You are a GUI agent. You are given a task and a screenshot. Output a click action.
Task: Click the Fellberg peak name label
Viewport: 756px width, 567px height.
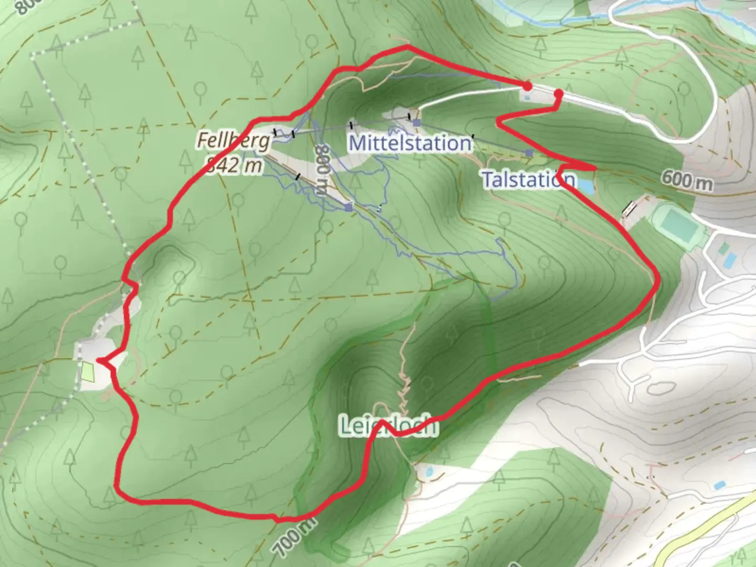[x=234, y=140]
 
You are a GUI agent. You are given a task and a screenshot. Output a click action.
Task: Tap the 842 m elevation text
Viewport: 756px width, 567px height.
[x=234, y=165]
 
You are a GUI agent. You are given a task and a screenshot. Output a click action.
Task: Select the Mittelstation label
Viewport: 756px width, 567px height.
[x=410, y=143]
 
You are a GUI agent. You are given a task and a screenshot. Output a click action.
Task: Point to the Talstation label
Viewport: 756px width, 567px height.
[x=528, y=180]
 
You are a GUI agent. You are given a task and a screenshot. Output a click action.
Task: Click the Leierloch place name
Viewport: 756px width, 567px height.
[x=388, y=426]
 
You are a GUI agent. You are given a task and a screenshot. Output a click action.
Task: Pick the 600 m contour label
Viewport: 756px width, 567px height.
[x=687, y=180]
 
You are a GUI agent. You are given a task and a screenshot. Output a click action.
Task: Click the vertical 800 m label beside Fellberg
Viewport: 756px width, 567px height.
[x=322, y=171]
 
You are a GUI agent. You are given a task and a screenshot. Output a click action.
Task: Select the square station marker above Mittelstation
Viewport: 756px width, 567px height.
[x=416, y=123]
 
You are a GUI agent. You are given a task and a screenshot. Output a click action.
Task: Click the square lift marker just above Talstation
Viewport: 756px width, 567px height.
[x=529, y=153]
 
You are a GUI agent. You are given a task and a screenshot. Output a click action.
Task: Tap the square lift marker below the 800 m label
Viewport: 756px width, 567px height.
[x=349, y=207]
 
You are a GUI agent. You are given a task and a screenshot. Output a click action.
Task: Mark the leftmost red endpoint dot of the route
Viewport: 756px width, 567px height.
[x=527, y=86]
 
